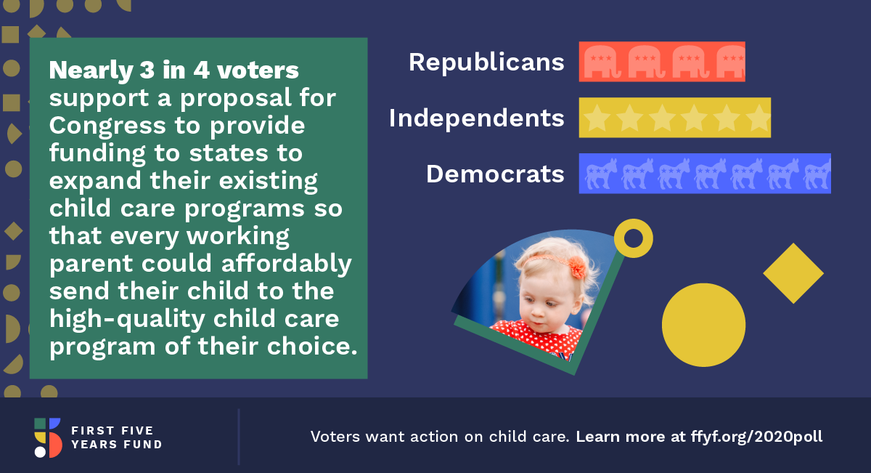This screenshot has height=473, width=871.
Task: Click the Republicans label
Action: [486, 62]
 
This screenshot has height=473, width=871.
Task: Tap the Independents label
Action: [476, 118]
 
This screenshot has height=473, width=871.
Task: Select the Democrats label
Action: [495, 174]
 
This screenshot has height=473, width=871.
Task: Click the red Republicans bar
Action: [662, 62]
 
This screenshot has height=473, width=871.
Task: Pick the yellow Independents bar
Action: [674, 118]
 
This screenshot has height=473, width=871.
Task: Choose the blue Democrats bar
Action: [705, 173]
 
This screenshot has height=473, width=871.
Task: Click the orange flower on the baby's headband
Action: [578, 267]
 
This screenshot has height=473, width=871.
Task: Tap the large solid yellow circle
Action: [703, 325]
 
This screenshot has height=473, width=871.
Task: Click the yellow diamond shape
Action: [793, 273]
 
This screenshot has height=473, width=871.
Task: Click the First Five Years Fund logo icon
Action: [48, 437]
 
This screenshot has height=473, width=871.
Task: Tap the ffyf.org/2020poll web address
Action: [756, 437]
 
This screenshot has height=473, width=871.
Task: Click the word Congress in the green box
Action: [107, 126]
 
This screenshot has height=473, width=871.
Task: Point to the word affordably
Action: [287, 264]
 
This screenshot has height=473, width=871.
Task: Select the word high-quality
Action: [127, 319]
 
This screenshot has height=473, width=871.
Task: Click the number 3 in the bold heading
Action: [147, 70]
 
